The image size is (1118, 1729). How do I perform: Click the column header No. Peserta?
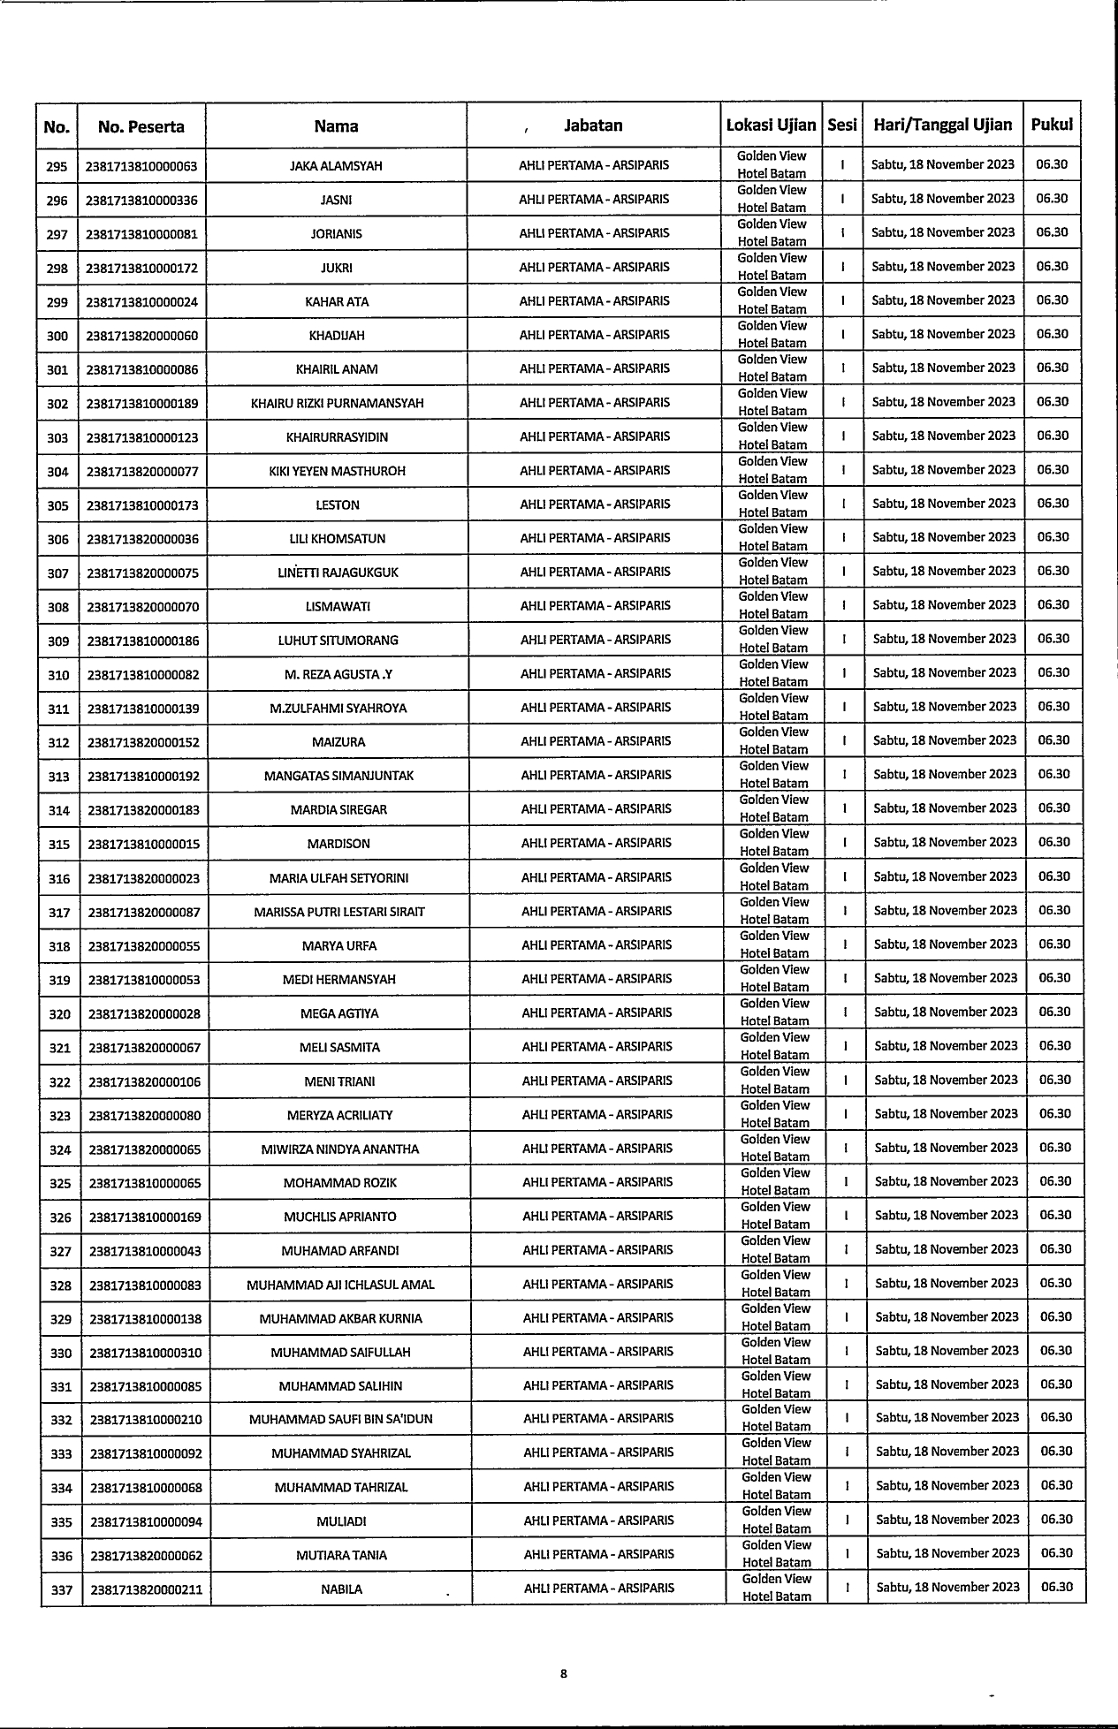point(141,126)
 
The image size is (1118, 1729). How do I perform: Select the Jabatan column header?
point(593,125)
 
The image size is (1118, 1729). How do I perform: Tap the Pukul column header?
point(1052,125)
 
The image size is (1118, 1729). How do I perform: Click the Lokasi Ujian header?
point(771,125)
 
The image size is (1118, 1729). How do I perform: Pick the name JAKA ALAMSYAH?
point(336,166)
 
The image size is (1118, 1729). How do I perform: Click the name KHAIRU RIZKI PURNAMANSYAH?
point(337,404)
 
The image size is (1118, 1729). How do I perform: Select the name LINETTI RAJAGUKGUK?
point(338,573)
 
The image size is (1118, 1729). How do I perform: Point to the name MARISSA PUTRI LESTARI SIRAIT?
point(339,912)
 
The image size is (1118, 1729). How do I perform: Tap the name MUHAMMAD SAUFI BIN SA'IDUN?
point(340,1420)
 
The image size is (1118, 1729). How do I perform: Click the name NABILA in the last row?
point(342,1589)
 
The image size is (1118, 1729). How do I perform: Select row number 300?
point(57,336)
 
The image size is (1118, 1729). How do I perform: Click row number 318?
point(59,946)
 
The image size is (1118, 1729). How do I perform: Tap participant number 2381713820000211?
point(146,1590)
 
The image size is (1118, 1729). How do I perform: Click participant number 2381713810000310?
point(146,1353)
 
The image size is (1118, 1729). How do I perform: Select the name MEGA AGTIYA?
point(339,1013)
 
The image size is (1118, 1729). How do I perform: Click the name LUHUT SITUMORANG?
point(338,641)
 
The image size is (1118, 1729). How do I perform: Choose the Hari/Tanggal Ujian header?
point(942,125)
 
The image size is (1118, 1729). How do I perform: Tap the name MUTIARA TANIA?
point(341,1556)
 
